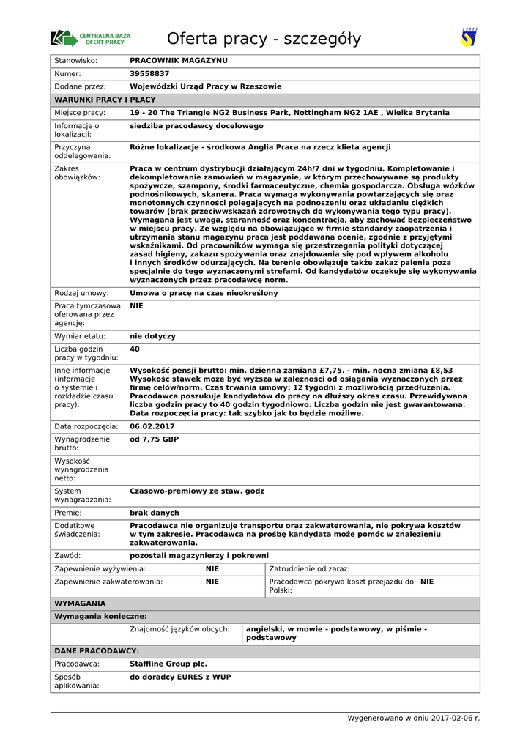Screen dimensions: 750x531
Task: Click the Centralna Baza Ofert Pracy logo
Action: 91,38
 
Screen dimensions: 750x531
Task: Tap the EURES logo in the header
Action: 469,37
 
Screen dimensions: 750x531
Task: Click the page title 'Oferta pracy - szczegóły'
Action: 264,39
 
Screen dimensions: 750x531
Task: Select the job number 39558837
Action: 149,73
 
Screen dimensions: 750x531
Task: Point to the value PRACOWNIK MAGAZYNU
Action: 179,60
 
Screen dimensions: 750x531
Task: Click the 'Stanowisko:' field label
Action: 76,60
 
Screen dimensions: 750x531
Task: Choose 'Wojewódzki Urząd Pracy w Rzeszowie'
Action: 205,86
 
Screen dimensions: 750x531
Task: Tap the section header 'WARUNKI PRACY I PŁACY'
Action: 105,100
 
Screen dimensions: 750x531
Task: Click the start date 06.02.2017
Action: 152,426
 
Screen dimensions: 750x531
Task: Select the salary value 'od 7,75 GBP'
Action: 154,439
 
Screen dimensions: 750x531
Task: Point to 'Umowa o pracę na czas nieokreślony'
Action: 204,293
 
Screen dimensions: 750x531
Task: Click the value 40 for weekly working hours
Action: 135,349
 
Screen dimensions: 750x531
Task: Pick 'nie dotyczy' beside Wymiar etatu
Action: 152,336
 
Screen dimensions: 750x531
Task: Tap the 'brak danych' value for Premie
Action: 154,513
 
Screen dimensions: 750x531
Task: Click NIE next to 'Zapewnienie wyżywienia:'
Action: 212,569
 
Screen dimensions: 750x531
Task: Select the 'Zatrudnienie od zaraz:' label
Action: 309,569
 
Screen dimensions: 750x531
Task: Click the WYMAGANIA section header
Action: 81,604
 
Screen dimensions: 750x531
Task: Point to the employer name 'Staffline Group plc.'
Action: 168,664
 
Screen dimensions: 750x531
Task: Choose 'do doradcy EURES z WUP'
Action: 180,677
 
